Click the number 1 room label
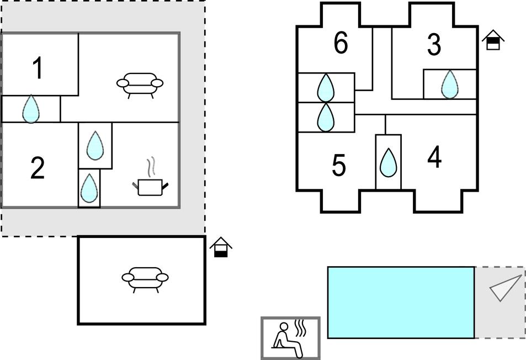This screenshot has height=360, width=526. (38, 68)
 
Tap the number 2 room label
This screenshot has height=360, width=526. (37, 168)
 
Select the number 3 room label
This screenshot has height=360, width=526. (434, 45)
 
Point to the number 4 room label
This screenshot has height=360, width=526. (434, 158)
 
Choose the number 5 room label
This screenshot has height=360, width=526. (339, 165)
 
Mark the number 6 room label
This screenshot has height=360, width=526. (341, 43)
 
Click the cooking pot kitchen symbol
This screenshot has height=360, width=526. (150, 182)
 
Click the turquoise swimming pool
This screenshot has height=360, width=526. (401, 302)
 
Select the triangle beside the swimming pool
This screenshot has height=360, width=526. (504, 287)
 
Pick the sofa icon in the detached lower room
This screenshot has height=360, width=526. (145, 278)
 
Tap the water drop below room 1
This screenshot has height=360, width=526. (31, 109)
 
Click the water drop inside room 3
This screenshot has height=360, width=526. (450, 84)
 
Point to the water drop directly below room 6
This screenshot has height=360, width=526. (326, 87)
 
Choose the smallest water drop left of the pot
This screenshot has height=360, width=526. (89, 188)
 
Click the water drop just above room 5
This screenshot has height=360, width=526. (326, 117)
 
